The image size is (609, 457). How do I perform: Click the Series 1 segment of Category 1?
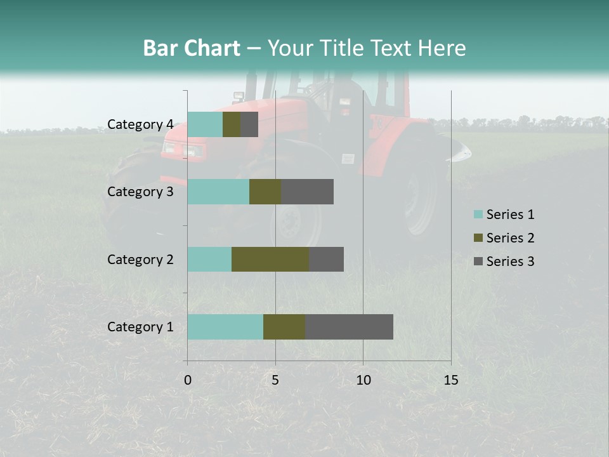tap(225, 327)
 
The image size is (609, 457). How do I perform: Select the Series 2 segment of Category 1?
tap(284, 327)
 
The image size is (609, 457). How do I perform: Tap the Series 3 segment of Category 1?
tap(349, 327)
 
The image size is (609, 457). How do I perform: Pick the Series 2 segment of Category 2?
tap(270, 259)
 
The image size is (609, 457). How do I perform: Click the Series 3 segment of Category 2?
tap(326, 259)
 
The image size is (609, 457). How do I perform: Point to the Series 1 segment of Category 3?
tap(218, 192)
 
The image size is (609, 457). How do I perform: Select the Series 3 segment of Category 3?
tap(307, 192)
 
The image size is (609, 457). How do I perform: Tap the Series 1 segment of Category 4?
tap(205, 124)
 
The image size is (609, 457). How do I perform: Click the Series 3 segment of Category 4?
tap(249, 124)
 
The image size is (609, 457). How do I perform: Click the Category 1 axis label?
tap(140, 327)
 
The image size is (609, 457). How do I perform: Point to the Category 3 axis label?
tap(140, 192)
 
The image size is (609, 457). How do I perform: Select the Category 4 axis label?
tap(140, 124)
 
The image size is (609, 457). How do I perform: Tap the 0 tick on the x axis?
tap(188, 380)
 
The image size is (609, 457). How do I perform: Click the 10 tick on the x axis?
tap(363, 380)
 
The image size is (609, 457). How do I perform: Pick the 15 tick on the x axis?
tap(451, 380)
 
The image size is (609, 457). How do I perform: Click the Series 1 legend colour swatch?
tap(478, 215)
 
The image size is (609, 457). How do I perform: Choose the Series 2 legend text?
tap(510, 238)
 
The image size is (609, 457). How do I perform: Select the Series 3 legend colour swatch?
tap(478, 262)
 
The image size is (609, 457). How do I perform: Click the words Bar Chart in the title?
tap(192, 48)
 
